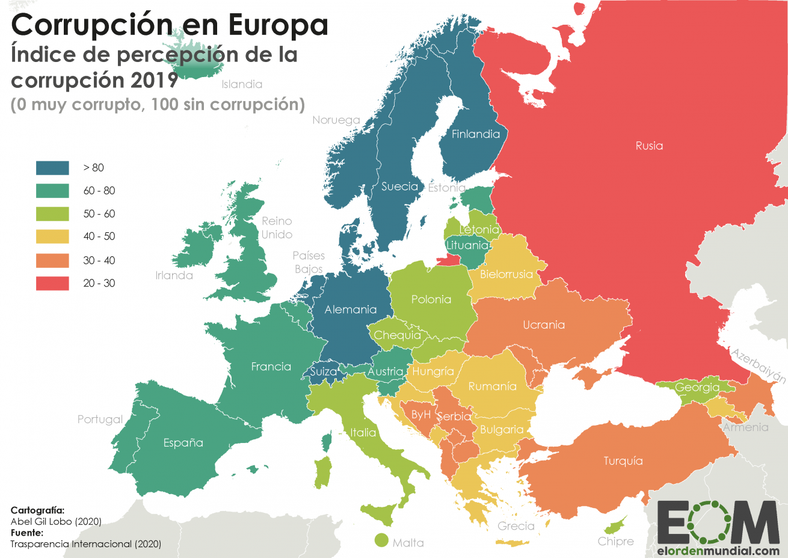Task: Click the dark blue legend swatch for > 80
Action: click(x=52, y=167)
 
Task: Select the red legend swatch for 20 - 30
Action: click(x=52, y=283)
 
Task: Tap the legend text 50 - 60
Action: click(x=99, y=214)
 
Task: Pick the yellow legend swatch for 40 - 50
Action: click(x=52, y=237)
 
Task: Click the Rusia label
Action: click(x=649, y=146)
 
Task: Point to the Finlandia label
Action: click(x=476, y=134)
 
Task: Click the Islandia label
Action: click(x=242, y=84)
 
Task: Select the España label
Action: click(x=183, y=443)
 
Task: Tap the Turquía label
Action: click(x=623, y=461)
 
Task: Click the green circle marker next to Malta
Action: click(x=381, y=540)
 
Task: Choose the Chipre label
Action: click(x=615, y=541)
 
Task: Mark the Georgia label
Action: click(x=697, y=388)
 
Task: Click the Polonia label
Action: click(x=431, y=299)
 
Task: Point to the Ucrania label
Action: click(x=544, y=325)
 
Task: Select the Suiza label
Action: click(x=324, y=372)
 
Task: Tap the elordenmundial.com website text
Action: click(x=718, y=550)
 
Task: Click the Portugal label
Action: click(x=100, y=420)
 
